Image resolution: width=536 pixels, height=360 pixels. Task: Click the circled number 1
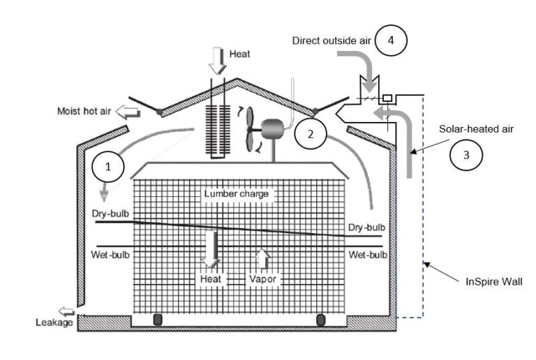tap(107, 167)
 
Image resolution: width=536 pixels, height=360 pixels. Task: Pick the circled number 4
tap(390, 41)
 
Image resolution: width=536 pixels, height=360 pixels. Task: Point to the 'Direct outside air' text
tap(331, 41)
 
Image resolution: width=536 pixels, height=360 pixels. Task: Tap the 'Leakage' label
tap(54, 322)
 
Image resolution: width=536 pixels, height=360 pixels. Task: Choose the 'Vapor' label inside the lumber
tap(263, 279)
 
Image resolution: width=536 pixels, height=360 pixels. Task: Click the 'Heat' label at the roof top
tap(239, 53)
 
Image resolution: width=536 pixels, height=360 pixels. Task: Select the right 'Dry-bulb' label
tap(367, 227)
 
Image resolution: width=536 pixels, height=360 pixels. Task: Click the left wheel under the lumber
tap(157, 320)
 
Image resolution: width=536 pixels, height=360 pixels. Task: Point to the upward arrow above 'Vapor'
tap(262, 258)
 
